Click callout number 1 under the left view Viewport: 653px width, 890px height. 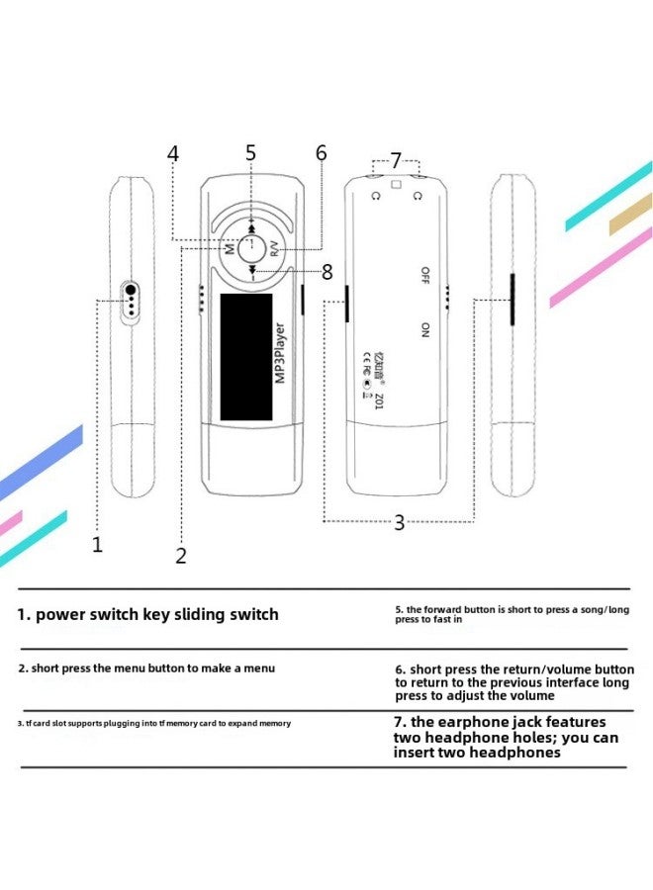pyautogui.click(x=97, y=544)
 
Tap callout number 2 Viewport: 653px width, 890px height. pyautogui.click(x=181, y=556)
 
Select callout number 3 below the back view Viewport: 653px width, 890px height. pyautogui.click(x=399, y=523)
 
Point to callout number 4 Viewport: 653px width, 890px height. pyautogui.click(x=173, y=154)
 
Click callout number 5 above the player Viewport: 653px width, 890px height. pyautogui.click(x=250, y=153)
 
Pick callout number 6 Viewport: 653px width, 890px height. pyautogui.click(x=321, y=153)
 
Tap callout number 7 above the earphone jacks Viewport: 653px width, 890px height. pyautogui.click(x=396, y=160)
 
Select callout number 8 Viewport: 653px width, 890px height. pyautogui.click(x=327, y=271)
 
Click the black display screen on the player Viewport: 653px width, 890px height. pyautogui.click(x=245, y=356)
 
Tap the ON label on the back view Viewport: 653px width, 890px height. pyautogui.click(x=425, y=330)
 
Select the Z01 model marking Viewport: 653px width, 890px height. pyautogui.click(x=379, y=400)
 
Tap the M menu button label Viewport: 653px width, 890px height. pyautogui.click(x=230, y=249)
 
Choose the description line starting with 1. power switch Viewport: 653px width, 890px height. pyautogui.click(x=147, y=614)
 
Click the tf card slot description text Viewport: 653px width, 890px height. pyautogui.click(x=154, y=723)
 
